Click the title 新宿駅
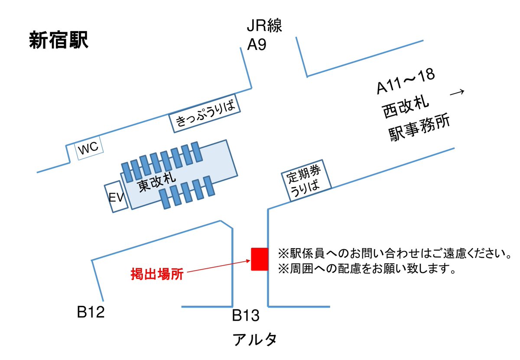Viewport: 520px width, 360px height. (59, 41)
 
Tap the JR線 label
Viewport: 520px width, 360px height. (264, 26)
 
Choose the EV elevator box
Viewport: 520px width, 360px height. (116, 198)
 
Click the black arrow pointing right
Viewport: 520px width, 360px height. (457, 92)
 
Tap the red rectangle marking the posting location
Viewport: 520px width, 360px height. (260, 259)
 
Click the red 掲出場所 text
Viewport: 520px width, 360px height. (157, 274)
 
